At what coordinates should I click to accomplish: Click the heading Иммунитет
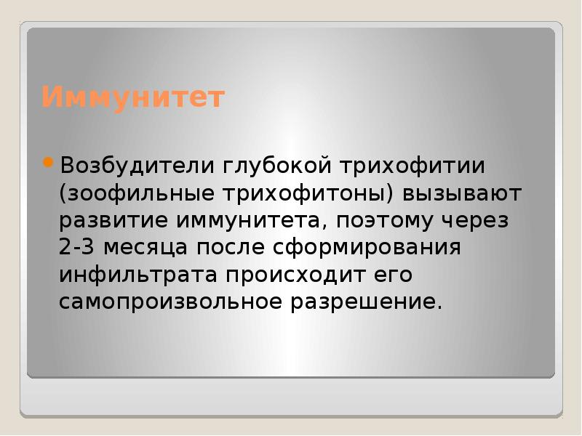pyautogui.click(x=132, y=97)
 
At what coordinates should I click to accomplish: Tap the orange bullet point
pyautogui.click(x=48, y=162)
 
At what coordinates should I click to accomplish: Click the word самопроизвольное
pyautogui.click(x=170, y=301)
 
